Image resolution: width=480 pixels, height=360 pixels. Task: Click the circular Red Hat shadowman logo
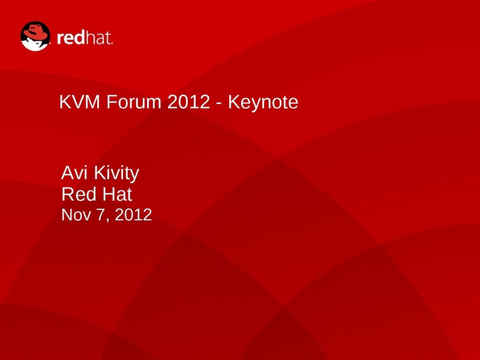click(35, 36)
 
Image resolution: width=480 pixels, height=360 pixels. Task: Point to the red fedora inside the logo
click(36, 32)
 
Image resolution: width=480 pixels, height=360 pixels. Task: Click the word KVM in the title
click(80, 101)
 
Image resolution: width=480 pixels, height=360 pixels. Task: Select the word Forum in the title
click(134, 101)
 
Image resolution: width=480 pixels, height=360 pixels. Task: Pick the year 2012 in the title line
click(188, 101)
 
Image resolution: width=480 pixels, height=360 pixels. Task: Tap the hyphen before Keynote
click(219, 103)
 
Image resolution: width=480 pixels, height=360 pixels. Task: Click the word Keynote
click(263, 103)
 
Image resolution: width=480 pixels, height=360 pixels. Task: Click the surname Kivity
click(116, 174)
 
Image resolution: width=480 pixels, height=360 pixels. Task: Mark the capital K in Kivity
click(100, 173)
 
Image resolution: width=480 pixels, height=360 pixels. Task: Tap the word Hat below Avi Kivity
click(117, 194)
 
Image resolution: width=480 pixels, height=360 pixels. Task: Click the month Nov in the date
click(76, 215)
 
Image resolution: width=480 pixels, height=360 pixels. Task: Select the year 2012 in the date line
click(133, 215)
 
